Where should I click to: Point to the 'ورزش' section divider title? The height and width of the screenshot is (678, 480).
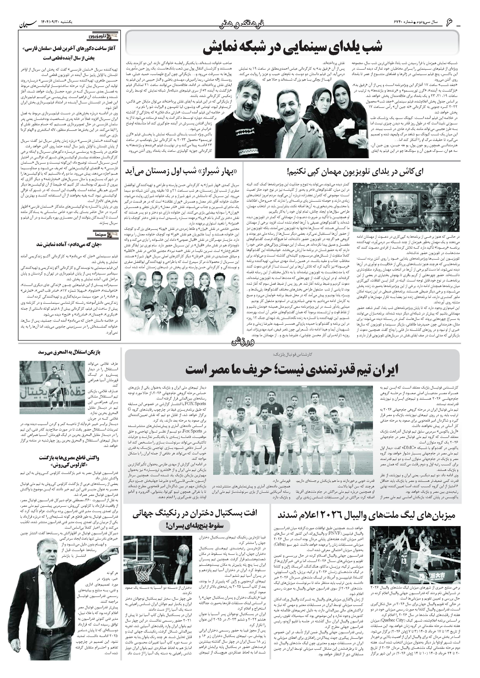239,343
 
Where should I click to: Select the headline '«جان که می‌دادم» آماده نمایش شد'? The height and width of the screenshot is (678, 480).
70,245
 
